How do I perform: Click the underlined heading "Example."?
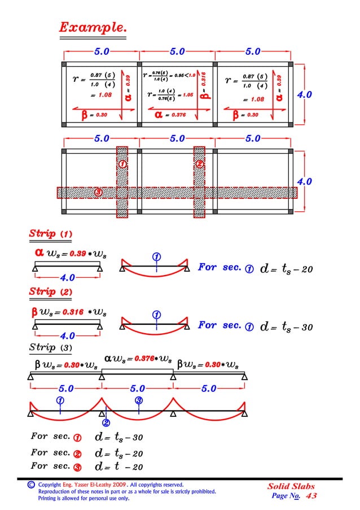coord(93,27)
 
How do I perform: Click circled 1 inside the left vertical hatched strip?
coord(122,164)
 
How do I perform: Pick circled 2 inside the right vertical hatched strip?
coord(199,164)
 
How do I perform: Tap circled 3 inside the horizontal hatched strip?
coord(98,193)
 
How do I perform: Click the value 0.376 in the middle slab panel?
coord(178,115)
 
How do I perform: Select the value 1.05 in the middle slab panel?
coord(188,95)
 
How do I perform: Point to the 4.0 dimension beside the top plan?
coord(305,95)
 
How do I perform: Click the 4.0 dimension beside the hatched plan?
coord(305,182)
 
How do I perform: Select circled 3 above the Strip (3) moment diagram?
coord(139,400)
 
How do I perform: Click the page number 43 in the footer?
coord(311,495)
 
